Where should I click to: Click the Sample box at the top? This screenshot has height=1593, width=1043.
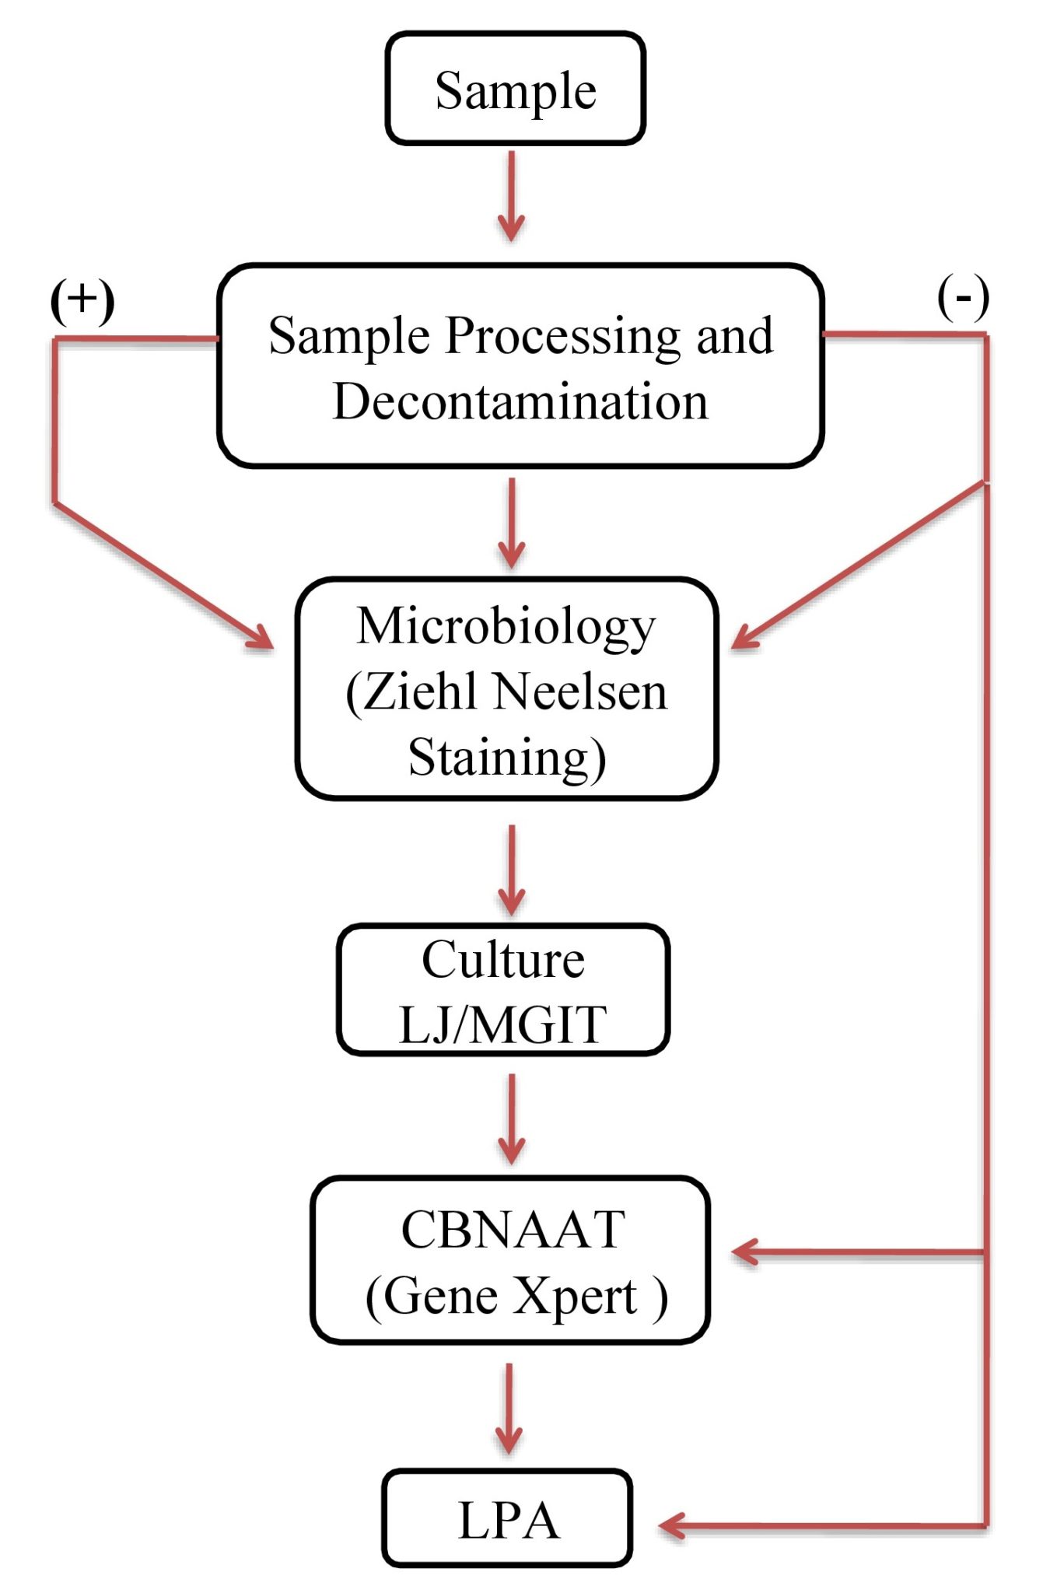tap(515, 89)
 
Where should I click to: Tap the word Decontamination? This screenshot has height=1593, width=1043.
tap(520, 402)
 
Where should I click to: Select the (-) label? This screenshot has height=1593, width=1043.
tap(963, 297)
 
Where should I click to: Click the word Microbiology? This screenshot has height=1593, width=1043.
tap(506, 627)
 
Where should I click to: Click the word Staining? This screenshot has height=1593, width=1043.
tap(506, 757)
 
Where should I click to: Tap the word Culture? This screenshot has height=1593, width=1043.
tap(503, 960)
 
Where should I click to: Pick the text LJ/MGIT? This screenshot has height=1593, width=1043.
tap(503, 1024)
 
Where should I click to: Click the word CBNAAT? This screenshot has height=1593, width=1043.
tap(513, 1231)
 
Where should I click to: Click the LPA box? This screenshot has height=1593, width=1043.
tap(507, 1520)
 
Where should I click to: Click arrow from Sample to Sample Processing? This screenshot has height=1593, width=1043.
tap(511, 197)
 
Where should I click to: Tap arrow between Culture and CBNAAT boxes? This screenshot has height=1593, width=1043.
tap(511, 1119)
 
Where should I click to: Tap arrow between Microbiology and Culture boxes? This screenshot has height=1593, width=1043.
tap(511, 870)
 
